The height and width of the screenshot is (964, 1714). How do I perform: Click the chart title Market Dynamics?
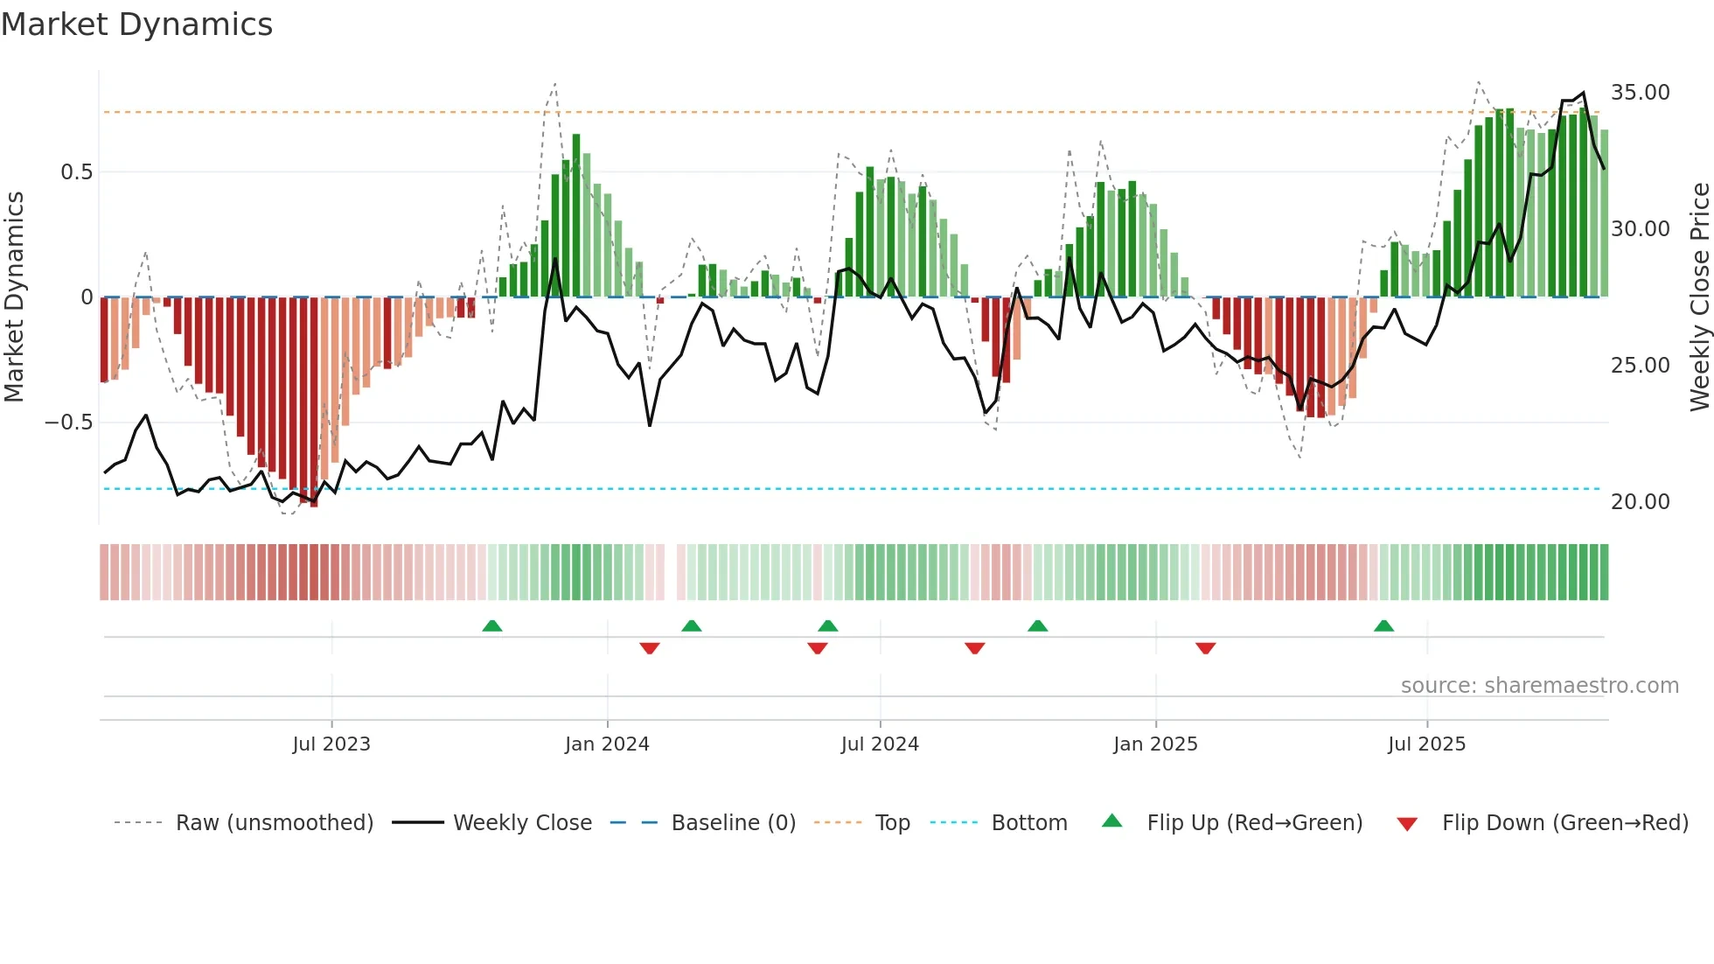pos(136,24)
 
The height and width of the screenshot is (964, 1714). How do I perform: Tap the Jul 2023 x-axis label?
pos(331,744)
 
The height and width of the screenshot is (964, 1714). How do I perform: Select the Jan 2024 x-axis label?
pos(607,744)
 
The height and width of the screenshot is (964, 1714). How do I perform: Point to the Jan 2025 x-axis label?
pos(1155,744)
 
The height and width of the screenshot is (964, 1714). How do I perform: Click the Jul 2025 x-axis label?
pos(1426,744)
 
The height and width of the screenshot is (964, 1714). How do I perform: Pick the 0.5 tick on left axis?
pos(76,172)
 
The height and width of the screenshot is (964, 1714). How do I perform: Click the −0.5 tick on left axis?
pos(68,423)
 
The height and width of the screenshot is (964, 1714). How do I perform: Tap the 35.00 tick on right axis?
pos(1640,93)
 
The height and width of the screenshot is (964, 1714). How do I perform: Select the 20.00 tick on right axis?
pos(1640,502)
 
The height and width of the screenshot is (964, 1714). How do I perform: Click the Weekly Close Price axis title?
pos(1699,297)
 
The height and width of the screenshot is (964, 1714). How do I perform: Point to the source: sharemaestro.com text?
pos(1539,686)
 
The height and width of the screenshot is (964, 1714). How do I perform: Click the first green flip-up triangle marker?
pos(492,625)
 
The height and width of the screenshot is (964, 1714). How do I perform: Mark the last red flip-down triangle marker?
pos(1205,648)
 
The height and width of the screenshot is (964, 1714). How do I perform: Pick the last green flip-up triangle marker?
pos(1383,625)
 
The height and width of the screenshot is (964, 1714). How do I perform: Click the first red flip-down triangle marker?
pos(649,648)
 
